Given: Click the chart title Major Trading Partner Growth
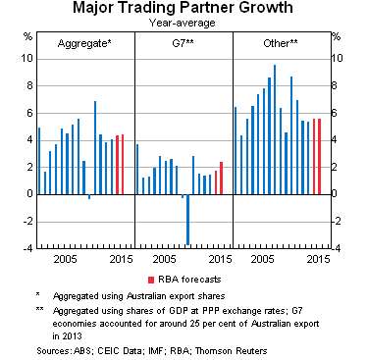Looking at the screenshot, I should [x=183, y=9].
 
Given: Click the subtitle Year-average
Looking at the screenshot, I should [x=183, y=23].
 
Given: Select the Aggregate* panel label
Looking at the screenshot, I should [x=83, y=45].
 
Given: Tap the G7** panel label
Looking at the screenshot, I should [x=183, y=45].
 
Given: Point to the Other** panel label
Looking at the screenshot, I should [x=282, y=45].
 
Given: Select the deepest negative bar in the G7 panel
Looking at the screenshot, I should [x=187, y=219].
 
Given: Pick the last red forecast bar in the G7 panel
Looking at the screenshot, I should [x=222, y=178].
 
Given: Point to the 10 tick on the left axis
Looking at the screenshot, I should [x=26, y=59].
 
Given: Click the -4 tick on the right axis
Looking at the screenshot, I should [x=339, y=248].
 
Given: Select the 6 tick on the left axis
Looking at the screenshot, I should [x=26, y=113].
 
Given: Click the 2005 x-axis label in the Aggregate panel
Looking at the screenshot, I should [x=65, y=259].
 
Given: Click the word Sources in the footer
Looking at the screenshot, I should [x=53, y=348].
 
